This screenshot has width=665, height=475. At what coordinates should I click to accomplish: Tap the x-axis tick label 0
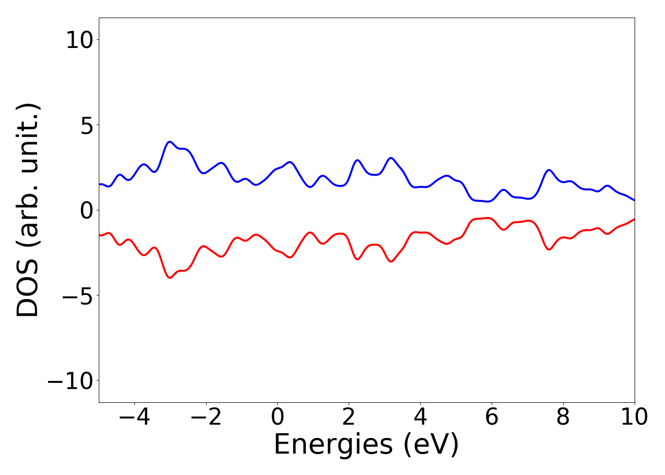click(x=277, y=418)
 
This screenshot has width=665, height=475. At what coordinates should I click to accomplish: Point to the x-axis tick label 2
click(x=349, y=418)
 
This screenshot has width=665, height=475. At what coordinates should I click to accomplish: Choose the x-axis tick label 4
click(x=420, y=418)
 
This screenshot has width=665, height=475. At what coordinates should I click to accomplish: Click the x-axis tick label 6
click(x=492, y=418)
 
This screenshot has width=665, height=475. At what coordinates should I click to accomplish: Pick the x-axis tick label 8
click(x=563, y=418)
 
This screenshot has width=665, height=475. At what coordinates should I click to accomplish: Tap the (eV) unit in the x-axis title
click(x=431, y=445)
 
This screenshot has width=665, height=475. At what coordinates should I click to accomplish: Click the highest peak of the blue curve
click(x=170, y=142)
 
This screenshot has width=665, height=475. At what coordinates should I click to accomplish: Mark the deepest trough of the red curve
click(x=170, y=278)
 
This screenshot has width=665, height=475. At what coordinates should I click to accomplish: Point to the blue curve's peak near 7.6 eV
click(x=549, y=170)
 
